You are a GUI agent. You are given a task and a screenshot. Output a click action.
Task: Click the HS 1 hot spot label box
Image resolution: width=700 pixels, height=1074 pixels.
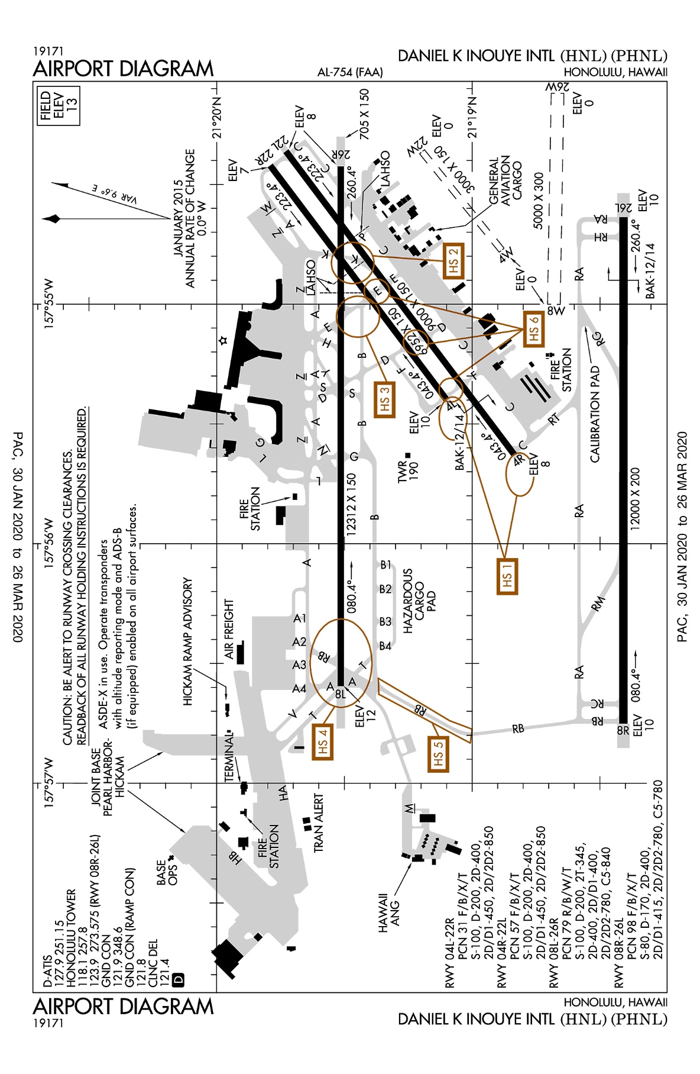pyautogui.click(x=507, y=576)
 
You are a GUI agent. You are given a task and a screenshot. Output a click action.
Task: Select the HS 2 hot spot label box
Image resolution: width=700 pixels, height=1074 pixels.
pyautogui.click(x=453, y=260)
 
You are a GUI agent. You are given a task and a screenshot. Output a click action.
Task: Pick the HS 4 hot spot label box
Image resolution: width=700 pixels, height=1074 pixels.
pyautogui.click(x=322, y=741)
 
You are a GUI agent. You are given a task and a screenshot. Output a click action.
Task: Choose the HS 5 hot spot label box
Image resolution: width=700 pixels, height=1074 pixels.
pyautogui.click(x=438, y=754)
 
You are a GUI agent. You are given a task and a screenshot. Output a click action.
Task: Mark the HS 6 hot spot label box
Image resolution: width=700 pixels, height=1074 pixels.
pyautogui.click(x=533, y=328)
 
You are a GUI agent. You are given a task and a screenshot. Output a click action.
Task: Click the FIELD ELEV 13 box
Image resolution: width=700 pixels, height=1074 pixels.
pyautogui.click(x=59, y=107)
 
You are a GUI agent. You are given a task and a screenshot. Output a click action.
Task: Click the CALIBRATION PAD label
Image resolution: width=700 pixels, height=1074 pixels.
pyautogui.click(x=595, y=414)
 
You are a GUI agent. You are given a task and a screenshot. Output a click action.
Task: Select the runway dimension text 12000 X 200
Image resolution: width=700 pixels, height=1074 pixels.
pyautogui.click(x=635, y=498)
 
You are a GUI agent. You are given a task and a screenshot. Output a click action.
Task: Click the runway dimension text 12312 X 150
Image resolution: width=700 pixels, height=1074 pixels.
pyautogui.click(x=351, y=504)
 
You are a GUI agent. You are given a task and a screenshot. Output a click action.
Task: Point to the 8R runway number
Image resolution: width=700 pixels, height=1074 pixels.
pyautogui.click(x=623, y=730)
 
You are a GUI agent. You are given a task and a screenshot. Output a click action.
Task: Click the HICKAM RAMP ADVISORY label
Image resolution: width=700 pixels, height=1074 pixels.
pyautogui.click(x=188, y=641)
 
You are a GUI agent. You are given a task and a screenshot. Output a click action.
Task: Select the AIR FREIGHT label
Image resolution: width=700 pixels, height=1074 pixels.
pyautogui.click(x=229, y=629)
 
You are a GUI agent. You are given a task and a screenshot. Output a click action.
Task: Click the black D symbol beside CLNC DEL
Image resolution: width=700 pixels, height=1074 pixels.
pyautogui.click(x=178, y=979)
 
